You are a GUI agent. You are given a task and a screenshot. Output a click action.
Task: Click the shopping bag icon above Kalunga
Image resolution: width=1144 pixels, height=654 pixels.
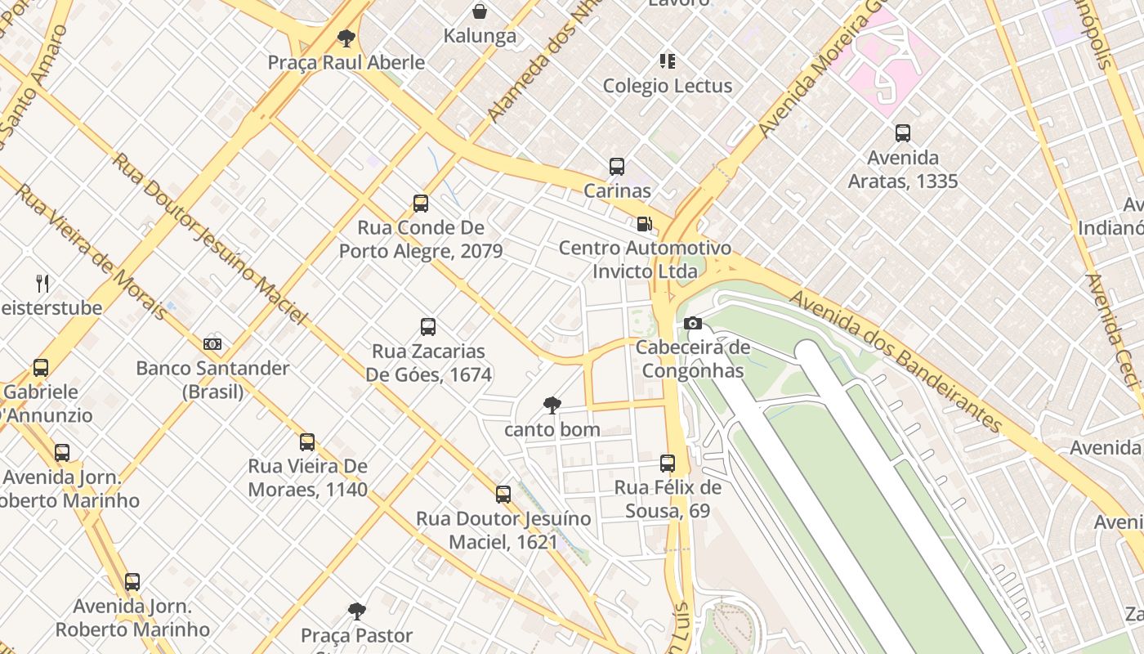point(480,11)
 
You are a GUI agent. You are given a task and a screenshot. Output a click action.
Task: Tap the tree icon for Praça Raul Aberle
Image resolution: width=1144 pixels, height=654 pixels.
point(346,38)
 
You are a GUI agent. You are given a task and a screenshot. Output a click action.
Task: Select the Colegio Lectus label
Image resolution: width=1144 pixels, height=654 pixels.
point(668,86)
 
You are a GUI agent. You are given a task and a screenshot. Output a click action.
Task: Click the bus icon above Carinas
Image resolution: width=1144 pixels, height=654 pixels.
point(617,167)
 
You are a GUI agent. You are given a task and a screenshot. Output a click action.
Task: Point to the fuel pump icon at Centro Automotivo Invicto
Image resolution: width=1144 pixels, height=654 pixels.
point(644,224)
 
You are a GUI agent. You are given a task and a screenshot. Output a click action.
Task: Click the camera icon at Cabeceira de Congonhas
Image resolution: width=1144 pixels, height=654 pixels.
point(692,324)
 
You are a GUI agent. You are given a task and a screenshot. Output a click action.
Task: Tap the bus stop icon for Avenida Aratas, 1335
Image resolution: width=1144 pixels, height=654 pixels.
point(903,133)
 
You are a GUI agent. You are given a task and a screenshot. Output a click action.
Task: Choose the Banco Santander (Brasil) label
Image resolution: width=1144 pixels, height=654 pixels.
point(212,379)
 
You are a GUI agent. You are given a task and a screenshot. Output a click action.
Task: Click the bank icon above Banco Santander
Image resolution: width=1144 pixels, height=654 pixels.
point(212,344)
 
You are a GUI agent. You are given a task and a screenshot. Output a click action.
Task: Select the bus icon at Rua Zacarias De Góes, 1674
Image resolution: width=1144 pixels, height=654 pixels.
point(427,327)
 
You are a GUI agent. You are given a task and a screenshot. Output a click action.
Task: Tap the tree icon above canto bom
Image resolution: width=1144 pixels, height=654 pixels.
point(552,405)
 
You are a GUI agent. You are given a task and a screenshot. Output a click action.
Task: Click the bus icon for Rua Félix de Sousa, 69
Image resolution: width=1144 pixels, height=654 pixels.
point(668,464)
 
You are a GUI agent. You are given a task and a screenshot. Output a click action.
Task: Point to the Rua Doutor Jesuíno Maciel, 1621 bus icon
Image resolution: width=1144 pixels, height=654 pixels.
point(503,495)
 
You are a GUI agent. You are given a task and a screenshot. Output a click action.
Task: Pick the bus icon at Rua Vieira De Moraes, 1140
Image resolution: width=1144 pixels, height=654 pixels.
point(307,442)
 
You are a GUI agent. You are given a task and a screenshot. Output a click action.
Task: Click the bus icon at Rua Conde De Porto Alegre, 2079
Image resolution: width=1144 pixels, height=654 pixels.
point(421,204)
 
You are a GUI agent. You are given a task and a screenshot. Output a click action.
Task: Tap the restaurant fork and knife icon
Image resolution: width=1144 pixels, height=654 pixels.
point(42,284)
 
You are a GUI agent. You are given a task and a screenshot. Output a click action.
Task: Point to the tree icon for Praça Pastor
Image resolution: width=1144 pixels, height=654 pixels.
point(356,611)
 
